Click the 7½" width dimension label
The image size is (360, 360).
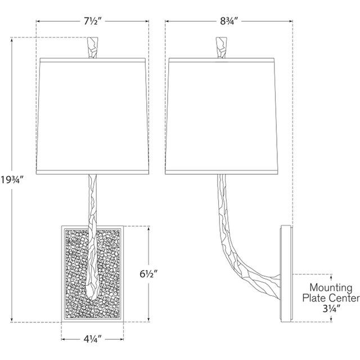click(93, 21)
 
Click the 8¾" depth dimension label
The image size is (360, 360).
click(228, 21)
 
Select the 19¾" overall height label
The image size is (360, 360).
click(12, 180)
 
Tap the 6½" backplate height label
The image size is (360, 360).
click(149, 274)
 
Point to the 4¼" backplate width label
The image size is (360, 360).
click(92, 339)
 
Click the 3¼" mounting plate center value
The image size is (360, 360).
click(331, 309)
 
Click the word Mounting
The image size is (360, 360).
click(331, 287)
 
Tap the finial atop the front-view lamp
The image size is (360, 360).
click(93, 47)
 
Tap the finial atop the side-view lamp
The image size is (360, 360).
click(221, 47)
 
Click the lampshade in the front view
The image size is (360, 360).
click(92, 116)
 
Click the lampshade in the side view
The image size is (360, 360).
click(222, 116)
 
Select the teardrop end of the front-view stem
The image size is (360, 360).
click(92, 290)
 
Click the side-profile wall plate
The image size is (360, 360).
click(286, 274)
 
